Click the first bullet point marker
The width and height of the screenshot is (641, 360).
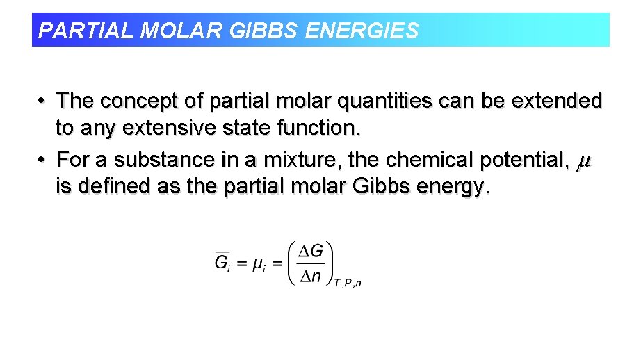click(x=42, y=101)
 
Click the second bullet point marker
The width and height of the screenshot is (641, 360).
click(x=42, y=160)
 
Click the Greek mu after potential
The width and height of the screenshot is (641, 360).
click(x=584, y=162)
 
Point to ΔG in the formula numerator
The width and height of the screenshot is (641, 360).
click(x=310, y=251)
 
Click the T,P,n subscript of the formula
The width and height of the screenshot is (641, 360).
click(x=348, y=282)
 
